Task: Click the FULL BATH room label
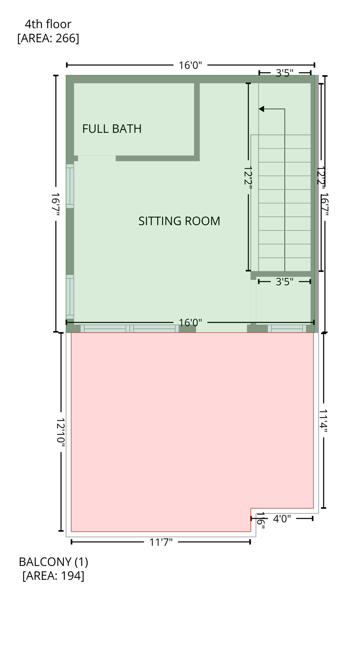pos(112,129)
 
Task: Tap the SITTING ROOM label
pos(179,221)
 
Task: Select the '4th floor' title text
pos(48,24)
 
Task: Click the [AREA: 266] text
pos(48,38)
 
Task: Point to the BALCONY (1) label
pos(53,562)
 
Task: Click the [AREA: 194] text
pos(53,576)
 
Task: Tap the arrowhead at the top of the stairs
pos(261,109)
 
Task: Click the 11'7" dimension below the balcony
pos(161,542)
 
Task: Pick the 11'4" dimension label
pos(324,420)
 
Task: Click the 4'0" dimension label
pos(282,519)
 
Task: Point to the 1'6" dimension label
pos(261,521)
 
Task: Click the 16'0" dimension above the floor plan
pos(190,65)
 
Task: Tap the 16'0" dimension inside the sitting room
pos(190,323)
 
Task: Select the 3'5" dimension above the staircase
pos(284,73)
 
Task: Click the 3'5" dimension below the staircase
pos(284,282)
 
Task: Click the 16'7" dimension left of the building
pos(55,204)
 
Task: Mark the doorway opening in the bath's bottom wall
pos(96,158)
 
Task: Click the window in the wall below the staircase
pos(287,328)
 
